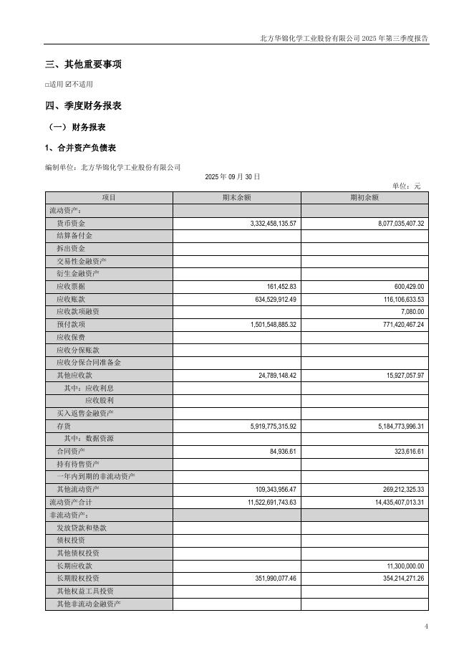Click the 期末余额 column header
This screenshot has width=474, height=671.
click(x=236, y=198)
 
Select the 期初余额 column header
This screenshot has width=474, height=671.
click(x=364, y=198)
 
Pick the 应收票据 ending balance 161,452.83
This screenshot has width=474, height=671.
click(x=278, y=286)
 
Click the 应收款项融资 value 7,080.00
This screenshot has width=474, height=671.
click(x=410, y=312)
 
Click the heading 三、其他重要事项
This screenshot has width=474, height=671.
click(x=83, y=65)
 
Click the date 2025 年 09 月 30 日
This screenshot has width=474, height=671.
click(x=233, y=176)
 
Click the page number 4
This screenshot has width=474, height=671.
click(x=426, y=627)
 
